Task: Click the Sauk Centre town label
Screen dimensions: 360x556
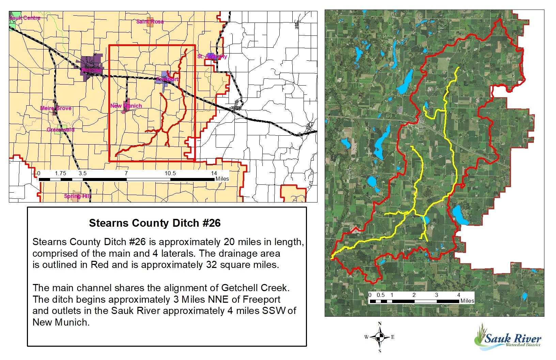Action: pos(25,18)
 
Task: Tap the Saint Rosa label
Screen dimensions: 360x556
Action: pos(150,21)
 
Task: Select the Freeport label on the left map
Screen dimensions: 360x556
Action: pos(168,79)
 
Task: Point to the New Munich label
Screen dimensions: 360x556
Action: pos(126,106)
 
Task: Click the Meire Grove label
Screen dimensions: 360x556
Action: pos(56,108)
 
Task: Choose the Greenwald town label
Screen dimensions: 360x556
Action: pos(61,130)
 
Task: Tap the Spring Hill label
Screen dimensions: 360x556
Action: pos(77,196)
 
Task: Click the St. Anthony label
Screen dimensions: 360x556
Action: pos(212,56)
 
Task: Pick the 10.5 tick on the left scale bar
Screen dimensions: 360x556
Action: pos(170,173)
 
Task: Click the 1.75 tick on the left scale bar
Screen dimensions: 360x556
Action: pos(61,173)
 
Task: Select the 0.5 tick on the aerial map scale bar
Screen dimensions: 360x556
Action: pos(381,295)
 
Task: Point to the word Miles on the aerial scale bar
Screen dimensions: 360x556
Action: pos(467,301)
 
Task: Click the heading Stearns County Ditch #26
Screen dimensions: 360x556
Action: pos(155,223)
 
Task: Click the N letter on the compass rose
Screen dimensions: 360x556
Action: pos(380,324)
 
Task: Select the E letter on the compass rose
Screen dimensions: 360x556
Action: pos(392,337)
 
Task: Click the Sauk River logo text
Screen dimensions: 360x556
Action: pos(512,339)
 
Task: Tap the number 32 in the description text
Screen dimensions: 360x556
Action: pos(211,265)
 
